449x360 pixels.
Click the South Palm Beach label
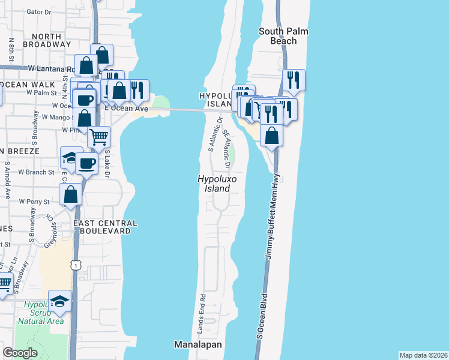(x=278, y=36)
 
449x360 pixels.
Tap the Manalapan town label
(x=198, y=345)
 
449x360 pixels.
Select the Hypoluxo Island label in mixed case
(x=214, y=184)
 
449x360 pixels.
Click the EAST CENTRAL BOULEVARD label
(x=105, y=227)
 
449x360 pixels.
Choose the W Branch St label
(x=37, y=172)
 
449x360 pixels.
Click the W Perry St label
(x=34, y=202)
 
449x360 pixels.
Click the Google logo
(x=20, y=353)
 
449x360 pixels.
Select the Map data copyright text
(x=423, y=355)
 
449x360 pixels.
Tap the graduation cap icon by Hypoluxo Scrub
(x=59, y=301)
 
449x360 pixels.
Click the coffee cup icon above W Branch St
(x=87, y=163)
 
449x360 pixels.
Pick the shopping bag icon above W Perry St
(x=70, y=195)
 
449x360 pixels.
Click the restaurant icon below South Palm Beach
(x=294, y=80)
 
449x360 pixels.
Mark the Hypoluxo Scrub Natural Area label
(x=41, y=313)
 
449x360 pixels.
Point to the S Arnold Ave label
(x=8, y=181)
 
